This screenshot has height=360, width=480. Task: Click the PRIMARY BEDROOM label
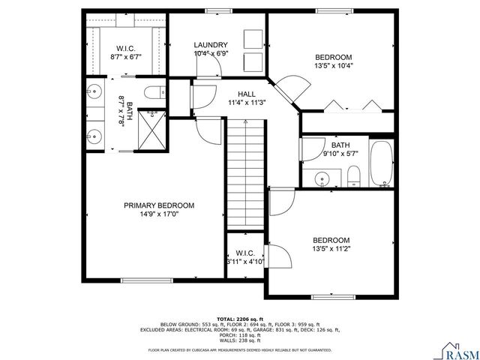tap(159, 205)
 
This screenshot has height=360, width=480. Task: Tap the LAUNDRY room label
tap(211, 45)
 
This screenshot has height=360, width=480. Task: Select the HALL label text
tap(246, 94)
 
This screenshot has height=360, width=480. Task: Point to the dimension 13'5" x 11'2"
tap(331, 249)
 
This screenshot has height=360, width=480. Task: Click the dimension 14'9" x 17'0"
tap(159, 214)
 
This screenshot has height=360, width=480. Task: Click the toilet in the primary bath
tap(154, 94)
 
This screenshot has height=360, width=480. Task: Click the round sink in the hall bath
tap(322, 178)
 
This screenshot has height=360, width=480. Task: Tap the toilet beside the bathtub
tap(354, 177)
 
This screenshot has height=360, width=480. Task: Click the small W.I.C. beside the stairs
tap(245, 257)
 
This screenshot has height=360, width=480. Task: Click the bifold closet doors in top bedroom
tap(352, 106)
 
